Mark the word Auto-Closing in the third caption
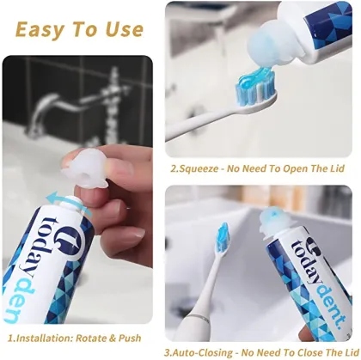pyautogui.click(x=213, y=351)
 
